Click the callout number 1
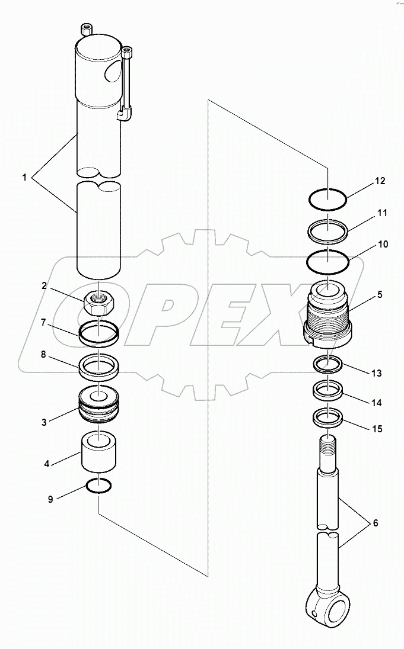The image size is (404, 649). (x=25, y=177)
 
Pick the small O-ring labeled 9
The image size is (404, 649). (x=98, y=486)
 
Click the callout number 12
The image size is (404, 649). (x=380, y=181)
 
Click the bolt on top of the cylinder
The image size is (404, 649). (x=87, y=30)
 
